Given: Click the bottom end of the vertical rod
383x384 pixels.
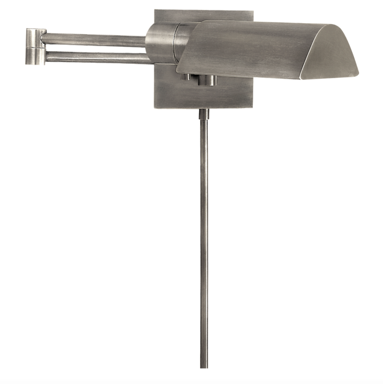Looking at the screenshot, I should tap(204, 366).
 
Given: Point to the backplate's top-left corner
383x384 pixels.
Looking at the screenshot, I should tap(155, 10).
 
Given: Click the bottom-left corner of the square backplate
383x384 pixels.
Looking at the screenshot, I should tap(155, 108).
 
